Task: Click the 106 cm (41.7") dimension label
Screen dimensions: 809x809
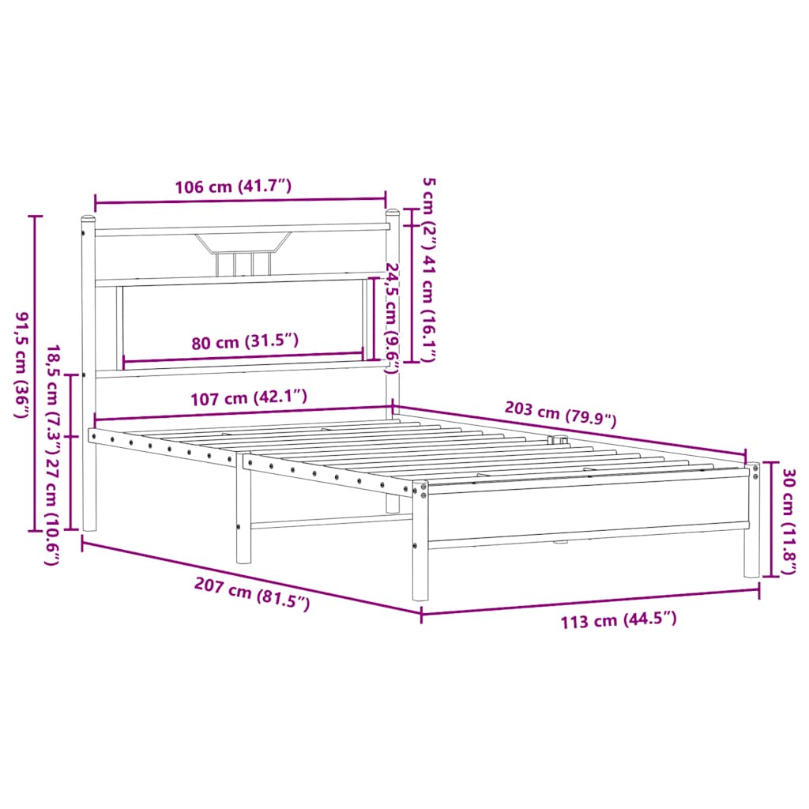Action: pyautogui.click(x=234, y=186)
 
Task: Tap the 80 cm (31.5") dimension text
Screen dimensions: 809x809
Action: pyautogui.click(x=246, y=341)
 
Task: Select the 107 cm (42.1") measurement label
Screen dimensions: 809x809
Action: pyautogui.click(x=248, y=397)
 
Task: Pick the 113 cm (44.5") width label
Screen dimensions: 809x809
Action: pyautogui.click(x=619, y=620)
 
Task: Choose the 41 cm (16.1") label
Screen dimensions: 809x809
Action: pyautogui.click(x=427, y=309)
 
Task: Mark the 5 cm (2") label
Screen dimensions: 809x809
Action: pyautogui.click(x=427, y=213)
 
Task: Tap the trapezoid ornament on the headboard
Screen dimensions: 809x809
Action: pyautogui.click(x=244, y=241)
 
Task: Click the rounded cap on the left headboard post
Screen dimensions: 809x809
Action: pyautogui.click(x=88, y=218)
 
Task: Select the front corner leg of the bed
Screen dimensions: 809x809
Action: pyautogui.click(x=420, y=553)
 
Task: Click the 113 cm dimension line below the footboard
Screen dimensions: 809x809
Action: pyautogui.click(x=590, y=601)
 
